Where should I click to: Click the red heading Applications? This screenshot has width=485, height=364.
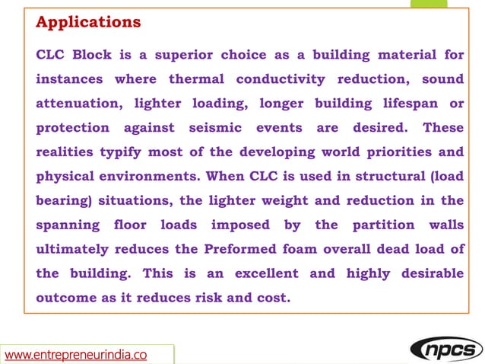tap(88, 22)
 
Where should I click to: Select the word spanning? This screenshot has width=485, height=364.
tap(67, 225)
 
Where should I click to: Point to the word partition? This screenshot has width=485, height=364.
tap(383, 225)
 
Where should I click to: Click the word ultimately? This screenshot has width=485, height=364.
tap(77, 250)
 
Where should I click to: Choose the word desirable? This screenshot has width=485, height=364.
tap(428, 273)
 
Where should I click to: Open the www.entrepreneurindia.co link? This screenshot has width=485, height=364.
tap(76, 354)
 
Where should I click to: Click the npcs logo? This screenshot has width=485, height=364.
tap(445, 350)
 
